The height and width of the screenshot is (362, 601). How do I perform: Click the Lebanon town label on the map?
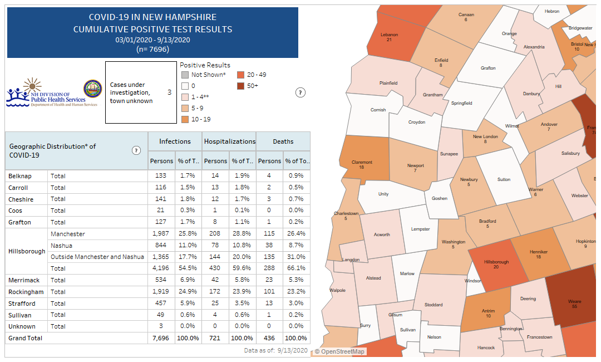pyautogui.click(x=389, y=35)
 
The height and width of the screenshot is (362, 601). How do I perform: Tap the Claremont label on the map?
pyautogui.click(x=361, y=163)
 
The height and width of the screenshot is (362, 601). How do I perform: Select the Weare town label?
pyautogui.click(x=574, y=301)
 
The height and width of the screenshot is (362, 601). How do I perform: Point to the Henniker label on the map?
pyautogui.click(x=538, y=252)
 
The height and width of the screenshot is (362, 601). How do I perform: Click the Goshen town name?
pyautogui.click(x=440, y=198)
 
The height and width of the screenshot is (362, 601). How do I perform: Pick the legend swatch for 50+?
pyautogui.click(x=240, y=86)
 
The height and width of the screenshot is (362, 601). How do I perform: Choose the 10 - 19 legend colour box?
pyautogui.click(x=185, y=119)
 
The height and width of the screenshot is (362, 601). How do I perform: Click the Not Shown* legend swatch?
pyautogui.click(x=185, y=75)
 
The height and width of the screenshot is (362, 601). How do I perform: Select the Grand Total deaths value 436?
pyautogui.click(x=270, y=338)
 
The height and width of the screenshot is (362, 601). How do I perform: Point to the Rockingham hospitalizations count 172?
pyautogui.click(x=215, y=292)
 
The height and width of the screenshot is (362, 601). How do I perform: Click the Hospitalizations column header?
pyautogui.click(x=229, y=141)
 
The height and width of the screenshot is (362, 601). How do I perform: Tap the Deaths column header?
pyautogui.click(x=283, y=141)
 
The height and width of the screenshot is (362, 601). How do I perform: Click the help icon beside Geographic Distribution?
pyautogui.click(x=136, y=150)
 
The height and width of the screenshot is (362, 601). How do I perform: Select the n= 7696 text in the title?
pyautogui.click(x=152, y=49)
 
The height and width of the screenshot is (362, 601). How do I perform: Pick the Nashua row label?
pyautogui.click(x=61, y=246)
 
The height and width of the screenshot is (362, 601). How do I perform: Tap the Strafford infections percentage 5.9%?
pyautogui.click(x=188, y=304)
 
